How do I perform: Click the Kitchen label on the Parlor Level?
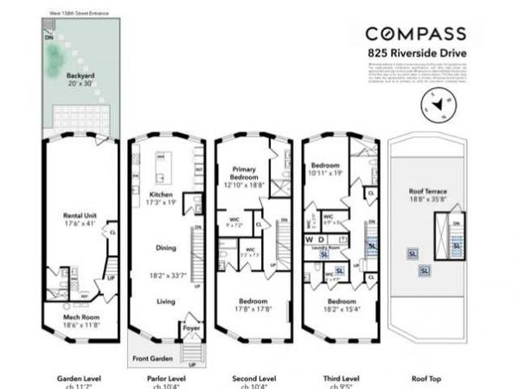pyautogui.click(x=163, y=194)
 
